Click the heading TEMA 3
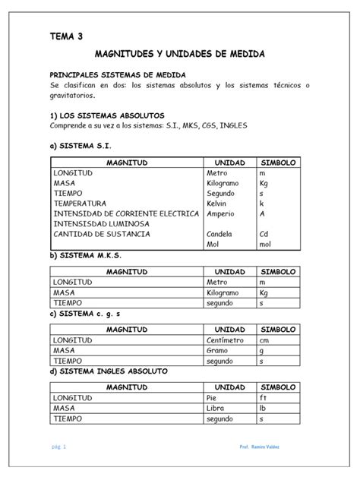click(x=67, y=36)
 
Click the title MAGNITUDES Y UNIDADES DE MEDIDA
click(x=179, y=56)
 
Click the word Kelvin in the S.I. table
click(x=217, y=204)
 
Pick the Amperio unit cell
click(x=220, y=214)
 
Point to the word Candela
click(x=220, y=235)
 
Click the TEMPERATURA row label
click(x=80, y=204)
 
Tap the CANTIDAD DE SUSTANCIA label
click(x=102, y=235)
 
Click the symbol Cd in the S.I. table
click(x=264, y=235)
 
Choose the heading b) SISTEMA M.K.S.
click(x=84, y=257)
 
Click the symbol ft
click(x=264, y=397)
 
